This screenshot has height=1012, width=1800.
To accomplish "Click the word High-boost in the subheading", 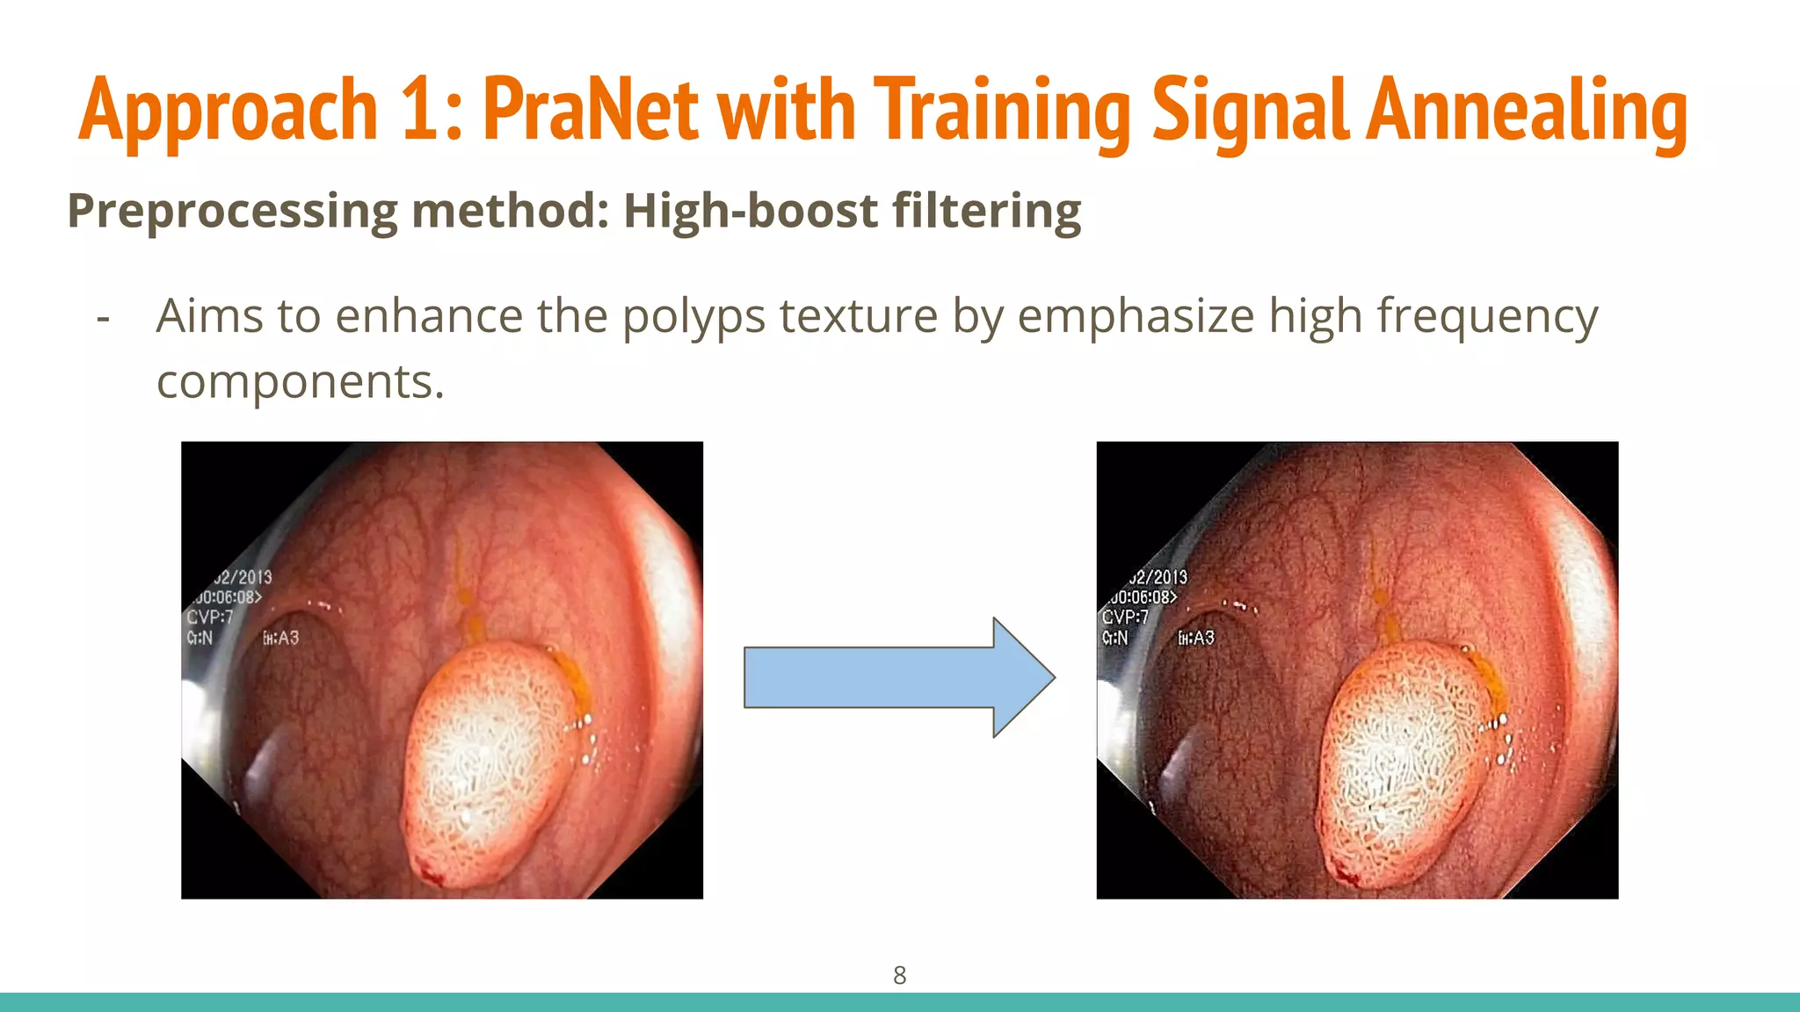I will pyautogui.click(x=750, y=211).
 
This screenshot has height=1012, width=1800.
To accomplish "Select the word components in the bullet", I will pyautogui.click(x=300, y=382).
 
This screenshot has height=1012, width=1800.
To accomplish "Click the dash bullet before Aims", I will pyautogui.click(x=104, y=318).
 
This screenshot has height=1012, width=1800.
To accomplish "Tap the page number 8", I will pyautogui.click(x=899, y=975).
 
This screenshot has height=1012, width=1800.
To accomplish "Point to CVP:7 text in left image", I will pyautogui.click(x=209, y=618).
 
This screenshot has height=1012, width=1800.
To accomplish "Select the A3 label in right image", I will pyautogui.click(x=1196, y=638).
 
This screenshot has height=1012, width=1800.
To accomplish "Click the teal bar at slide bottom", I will pyautogui.click(x=900, y=1002).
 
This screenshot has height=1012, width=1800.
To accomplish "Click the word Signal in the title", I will pyautogui.click(x=1251, y=112).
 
